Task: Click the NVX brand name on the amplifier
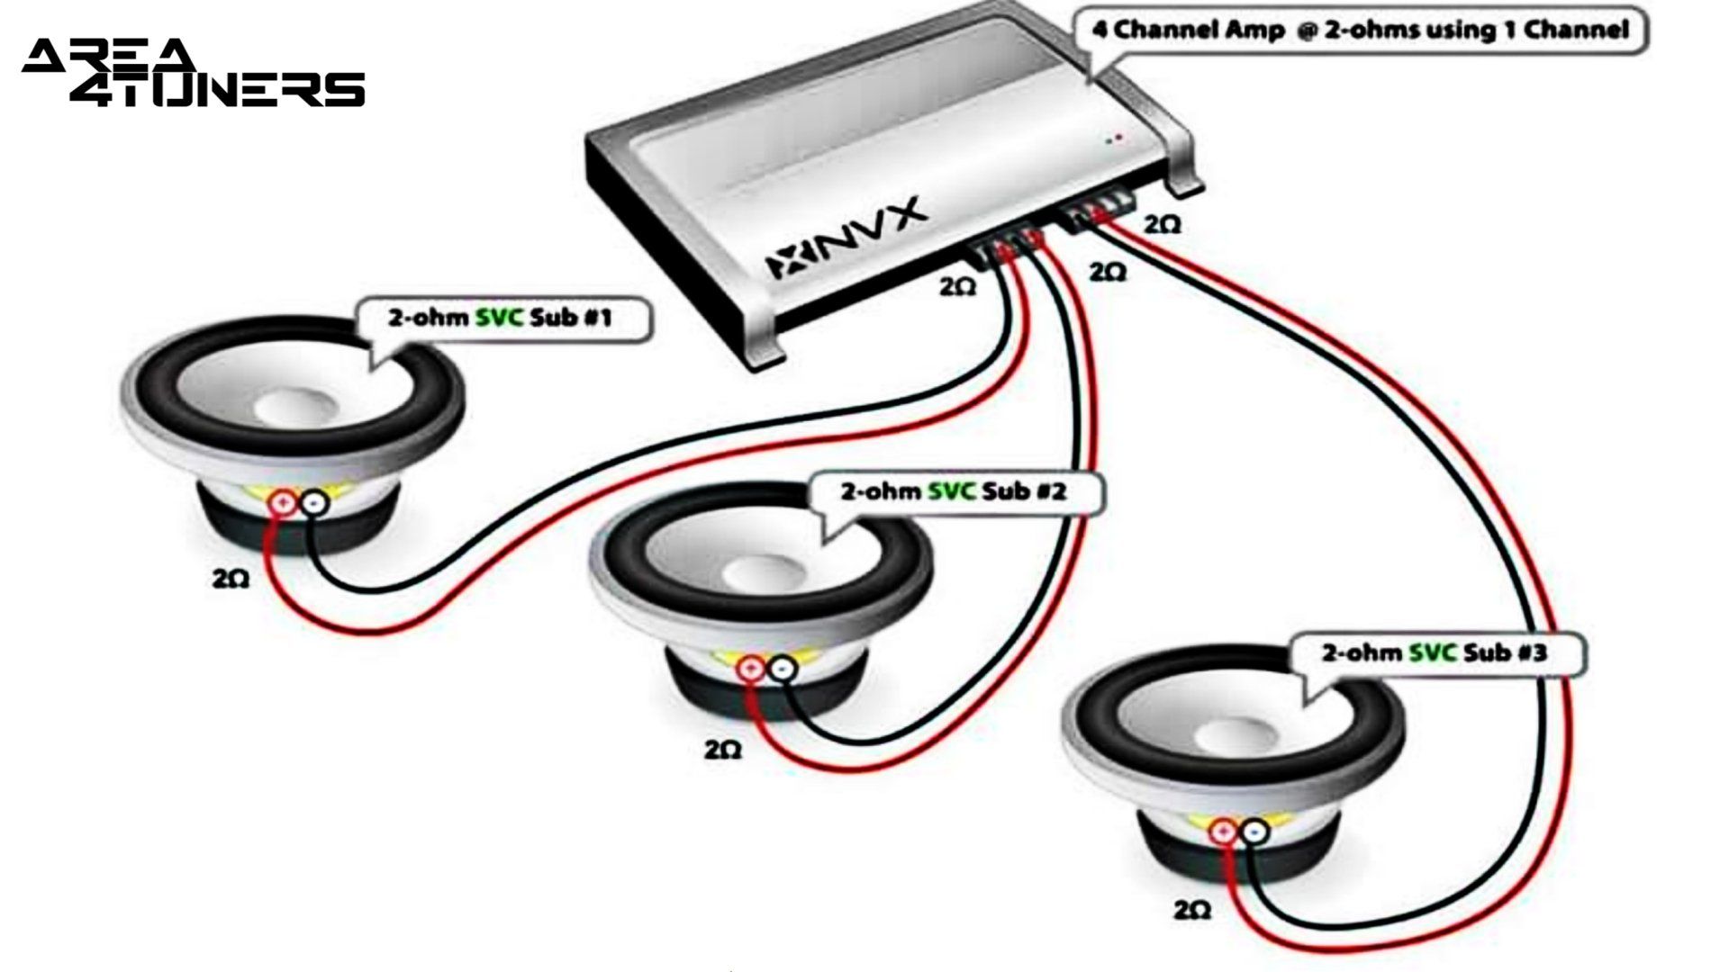click(x=846, y=239)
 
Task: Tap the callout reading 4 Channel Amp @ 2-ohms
click(x=1360, y=31)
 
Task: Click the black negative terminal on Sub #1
click(x=313, y=504)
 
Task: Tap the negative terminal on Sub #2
click(x=783, y=669)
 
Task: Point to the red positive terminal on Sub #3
click(x=1222, y=832)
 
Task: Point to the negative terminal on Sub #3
click(x=1254, y=832)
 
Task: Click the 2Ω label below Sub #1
click(x=231, y=579)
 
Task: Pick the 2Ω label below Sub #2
click(x=722, y=749)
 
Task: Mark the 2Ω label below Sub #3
click(x=1191, y=911)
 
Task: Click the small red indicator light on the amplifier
click(x=1119, y=139)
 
